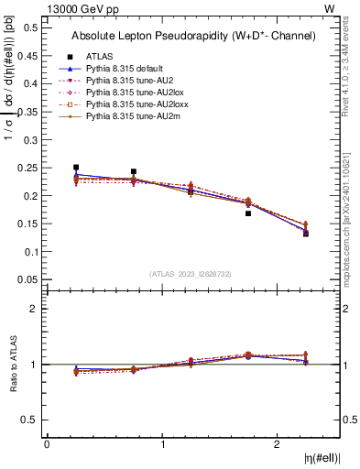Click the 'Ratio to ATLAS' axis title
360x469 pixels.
point(12,364)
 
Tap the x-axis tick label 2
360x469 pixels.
point(278,444)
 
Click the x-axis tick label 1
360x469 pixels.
point(163,444)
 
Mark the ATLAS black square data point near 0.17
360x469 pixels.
point(248,239)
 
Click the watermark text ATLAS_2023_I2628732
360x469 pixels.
point(191,273)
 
